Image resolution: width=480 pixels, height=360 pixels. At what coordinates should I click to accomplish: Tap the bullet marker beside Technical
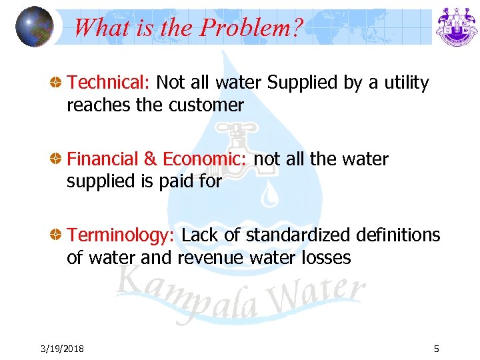[x=58, y=83]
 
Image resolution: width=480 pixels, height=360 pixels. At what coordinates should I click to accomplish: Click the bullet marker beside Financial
[x=58, y=160]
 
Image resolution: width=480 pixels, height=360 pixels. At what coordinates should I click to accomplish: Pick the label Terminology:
[x=121, y=235]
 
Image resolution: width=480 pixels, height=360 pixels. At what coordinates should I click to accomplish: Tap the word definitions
[x=399, y=235]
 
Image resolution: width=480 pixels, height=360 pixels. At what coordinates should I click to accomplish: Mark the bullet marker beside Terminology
[x=58, y=236]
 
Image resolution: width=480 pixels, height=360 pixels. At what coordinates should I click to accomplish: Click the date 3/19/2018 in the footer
[x=61, y=349]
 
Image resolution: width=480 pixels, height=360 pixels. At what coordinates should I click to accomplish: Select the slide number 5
[x=436, y=349]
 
